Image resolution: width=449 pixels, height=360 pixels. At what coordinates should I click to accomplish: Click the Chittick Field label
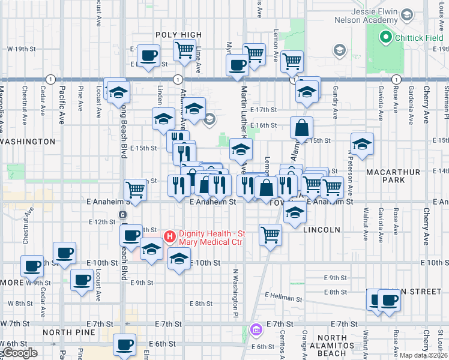click(x=419, y=38)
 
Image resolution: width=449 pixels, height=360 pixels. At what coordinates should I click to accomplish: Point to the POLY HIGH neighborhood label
click(x=178, y=35)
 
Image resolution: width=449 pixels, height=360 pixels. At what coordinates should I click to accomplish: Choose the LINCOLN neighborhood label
click(x=322, y=229)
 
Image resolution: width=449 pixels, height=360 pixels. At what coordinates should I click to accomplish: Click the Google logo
click(x=19, y=353)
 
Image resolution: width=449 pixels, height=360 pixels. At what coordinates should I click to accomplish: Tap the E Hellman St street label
click(x=283, y=297)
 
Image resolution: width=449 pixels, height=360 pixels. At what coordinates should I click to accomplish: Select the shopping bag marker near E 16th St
click(x=301, y=128)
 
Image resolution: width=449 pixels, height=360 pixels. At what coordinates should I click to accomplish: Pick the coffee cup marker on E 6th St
click(x=125, y=346)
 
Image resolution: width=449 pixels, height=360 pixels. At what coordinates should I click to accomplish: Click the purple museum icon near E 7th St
click(x=256, y=329)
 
